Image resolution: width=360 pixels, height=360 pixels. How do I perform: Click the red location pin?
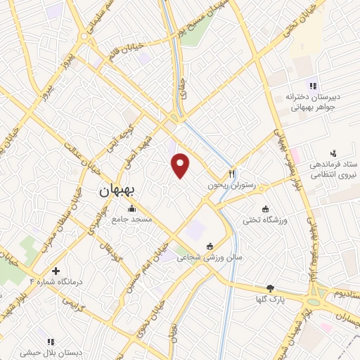[x=181, y=165]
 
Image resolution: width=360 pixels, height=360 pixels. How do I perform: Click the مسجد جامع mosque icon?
[x=131, y=208]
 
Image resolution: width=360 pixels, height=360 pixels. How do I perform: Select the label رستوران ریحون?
[x=233, y=186]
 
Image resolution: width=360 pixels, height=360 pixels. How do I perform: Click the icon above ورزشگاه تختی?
[x=265, y=209]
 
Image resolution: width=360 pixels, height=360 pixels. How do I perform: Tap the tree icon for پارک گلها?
[x=270, y=288]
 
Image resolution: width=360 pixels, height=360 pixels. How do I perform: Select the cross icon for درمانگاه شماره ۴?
[x=56, y=271]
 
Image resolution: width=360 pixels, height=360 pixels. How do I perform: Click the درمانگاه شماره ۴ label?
[x=56, y=282]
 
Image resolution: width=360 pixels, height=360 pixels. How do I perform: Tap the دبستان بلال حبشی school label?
[x=50, y=354]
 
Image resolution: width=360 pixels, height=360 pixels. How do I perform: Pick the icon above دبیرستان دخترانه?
[x=313, y=86]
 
